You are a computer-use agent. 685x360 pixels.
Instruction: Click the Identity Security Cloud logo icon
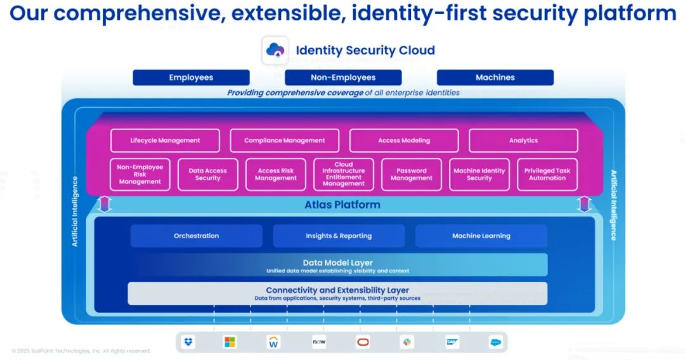[x=276, y=51]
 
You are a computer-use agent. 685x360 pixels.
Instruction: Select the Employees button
[x=191, y=77]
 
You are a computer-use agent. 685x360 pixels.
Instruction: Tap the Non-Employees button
[x=343, y=77]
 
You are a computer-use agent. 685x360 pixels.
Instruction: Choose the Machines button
[x=495, y=77]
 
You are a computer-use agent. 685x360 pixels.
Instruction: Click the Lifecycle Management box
[x=165, y=141]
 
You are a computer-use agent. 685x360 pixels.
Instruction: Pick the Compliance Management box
[x=284, y=141]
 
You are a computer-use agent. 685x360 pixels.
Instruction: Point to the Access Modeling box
[x=404, y=141]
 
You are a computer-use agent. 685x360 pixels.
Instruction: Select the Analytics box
[x=523, y=141]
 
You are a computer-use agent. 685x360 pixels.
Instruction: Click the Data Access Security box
[x=207, y=174]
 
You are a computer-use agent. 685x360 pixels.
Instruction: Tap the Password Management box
[x=411, y=174]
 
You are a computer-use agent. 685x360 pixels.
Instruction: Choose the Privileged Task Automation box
[x=547, y=174]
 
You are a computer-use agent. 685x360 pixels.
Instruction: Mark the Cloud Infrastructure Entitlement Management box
[x=343, y=174]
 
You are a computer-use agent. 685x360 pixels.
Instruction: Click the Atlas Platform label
[x=342, y=205]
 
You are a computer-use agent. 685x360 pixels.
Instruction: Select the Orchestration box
[x=197, y=236]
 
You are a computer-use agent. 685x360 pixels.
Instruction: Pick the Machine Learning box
[x=481, y=236]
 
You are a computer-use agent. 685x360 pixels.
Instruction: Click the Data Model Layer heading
[x=337, y=262]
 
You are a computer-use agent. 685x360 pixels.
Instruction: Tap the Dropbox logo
[x=188, y=342]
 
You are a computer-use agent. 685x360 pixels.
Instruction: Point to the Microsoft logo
[x=230, y=342]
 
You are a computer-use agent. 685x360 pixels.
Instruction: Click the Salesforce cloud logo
[x=495, y=342]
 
